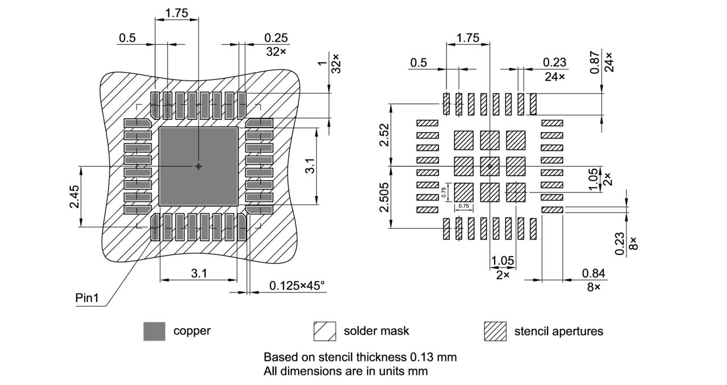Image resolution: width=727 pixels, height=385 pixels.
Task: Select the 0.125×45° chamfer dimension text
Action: pyautogui.click(x=297, y=285)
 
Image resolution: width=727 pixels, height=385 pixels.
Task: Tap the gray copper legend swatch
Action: pyautogui.click(x=154, y=331)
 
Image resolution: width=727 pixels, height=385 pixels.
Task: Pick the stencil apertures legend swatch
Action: pyautogui.click(x=495, y=331)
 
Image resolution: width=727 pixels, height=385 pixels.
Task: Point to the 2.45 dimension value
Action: pyautogui.click(x=75, y=196)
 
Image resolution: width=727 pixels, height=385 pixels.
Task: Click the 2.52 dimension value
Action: pyautogui.click(x=385, y=134)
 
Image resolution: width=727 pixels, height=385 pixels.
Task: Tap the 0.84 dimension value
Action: pyautogui.click(x=594, y=274)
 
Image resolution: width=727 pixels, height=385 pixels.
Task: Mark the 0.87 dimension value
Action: pyautogui.click(x=594, y=63)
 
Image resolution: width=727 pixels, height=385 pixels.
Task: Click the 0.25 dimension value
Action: pyautogui.click(x=276, y=38)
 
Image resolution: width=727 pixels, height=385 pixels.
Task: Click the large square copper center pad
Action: pyautogui.click(x=198, y=166)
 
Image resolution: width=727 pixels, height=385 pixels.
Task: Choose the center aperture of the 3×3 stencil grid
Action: pyautogui.click(x=490, y=166)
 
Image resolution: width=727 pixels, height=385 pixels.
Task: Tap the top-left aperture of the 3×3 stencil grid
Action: pyautogui.click(x=463, y=140)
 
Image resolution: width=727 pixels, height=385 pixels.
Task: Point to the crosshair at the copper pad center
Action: pyautogui.click(x=198, y=166)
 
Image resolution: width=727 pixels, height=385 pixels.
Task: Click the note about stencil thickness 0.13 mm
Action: pyautogui.click(x=360, y=357)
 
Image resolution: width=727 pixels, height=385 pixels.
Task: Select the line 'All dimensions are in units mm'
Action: pyautogui.click(x=345, y=371)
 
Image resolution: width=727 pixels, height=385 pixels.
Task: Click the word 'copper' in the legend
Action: pyautogui.click(x=192, y=331)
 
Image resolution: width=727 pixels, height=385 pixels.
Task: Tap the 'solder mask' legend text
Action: pyautogui.click(x=376, y=331)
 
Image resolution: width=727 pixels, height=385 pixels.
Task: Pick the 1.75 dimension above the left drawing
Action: pyautogui.click(x=177, y=12)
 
